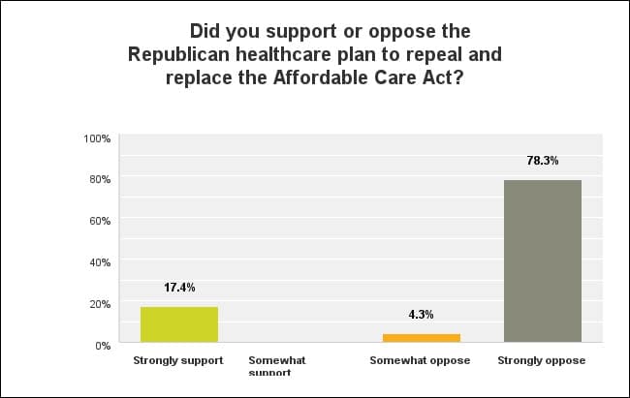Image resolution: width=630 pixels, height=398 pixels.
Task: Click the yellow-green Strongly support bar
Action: pos(179,324)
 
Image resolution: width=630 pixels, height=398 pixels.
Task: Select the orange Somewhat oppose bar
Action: pos(421,338)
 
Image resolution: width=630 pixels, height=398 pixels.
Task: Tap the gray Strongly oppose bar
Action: pos(543,260)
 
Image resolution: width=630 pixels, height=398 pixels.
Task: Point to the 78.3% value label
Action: pos(543,161)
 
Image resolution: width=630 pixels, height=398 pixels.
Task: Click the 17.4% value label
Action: pos(179,288)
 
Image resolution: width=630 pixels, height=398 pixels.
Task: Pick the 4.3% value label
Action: pos(421,315)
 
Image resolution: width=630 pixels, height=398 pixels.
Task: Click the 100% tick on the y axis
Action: pos(98,138)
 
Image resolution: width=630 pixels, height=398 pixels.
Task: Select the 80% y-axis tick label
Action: pos(101,180)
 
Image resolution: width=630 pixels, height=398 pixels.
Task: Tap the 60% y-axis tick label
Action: pos(101,222)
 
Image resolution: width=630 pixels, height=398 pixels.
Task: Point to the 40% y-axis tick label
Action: pos(101,262)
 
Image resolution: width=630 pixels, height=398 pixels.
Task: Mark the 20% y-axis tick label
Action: pos(101,304)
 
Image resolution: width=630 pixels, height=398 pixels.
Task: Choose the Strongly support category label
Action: pos(178,360)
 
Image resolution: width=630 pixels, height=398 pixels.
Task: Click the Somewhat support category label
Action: pos(277,366)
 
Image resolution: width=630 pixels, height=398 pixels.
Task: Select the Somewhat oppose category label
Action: pos(420,360)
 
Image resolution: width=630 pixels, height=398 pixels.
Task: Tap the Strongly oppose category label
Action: pos(542,360)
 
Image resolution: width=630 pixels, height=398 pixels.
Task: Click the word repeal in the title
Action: pos(432,54)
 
